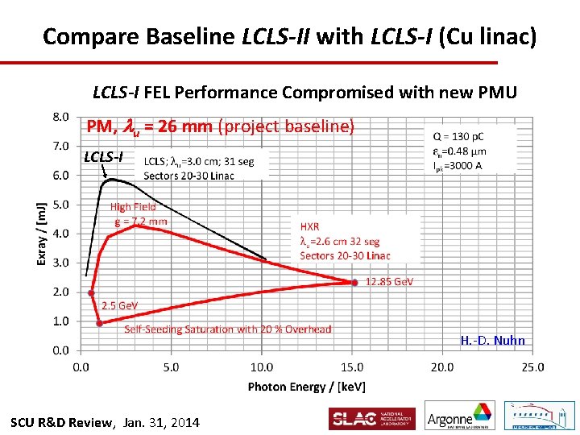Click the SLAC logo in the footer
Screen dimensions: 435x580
click(371, 419)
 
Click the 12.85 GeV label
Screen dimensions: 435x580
click(389, 282)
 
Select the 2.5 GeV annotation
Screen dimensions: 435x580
click(120, 306)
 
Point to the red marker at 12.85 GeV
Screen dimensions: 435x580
click(354, 282)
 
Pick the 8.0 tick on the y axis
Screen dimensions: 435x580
click(60, 117)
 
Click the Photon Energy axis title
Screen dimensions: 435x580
click(305, 387)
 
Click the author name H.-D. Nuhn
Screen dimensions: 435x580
click(492, 341)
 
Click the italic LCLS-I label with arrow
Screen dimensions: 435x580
click(103, 156)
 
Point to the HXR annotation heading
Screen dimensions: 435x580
click(309, 227)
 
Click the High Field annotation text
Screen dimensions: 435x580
click(133, 207)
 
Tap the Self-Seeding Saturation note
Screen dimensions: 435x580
click(227, 329)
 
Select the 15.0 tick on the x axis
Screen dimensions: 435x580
click(351, 367)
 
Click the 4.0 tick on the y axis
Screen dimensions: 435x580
click(60, 234)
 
